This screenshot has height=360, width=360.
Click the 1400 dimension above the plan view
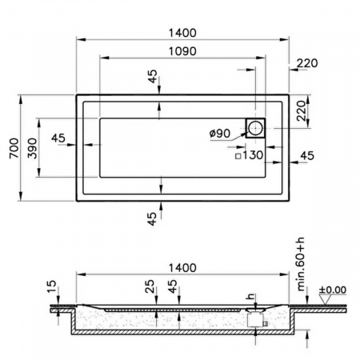[182, 32]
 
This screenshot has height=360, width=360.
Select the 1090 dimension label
[182, 50]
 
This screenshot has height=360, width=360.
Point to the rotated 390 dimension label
[31, 149]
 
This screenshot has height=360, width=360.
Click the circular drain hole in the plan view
[256, 128]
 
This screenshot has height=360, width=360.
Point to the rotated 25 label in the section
[149, 286]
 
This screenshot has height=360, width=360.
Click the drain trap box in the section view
[257, 318]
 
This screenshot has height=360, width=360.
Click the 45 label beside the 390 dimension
[58, 138]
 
